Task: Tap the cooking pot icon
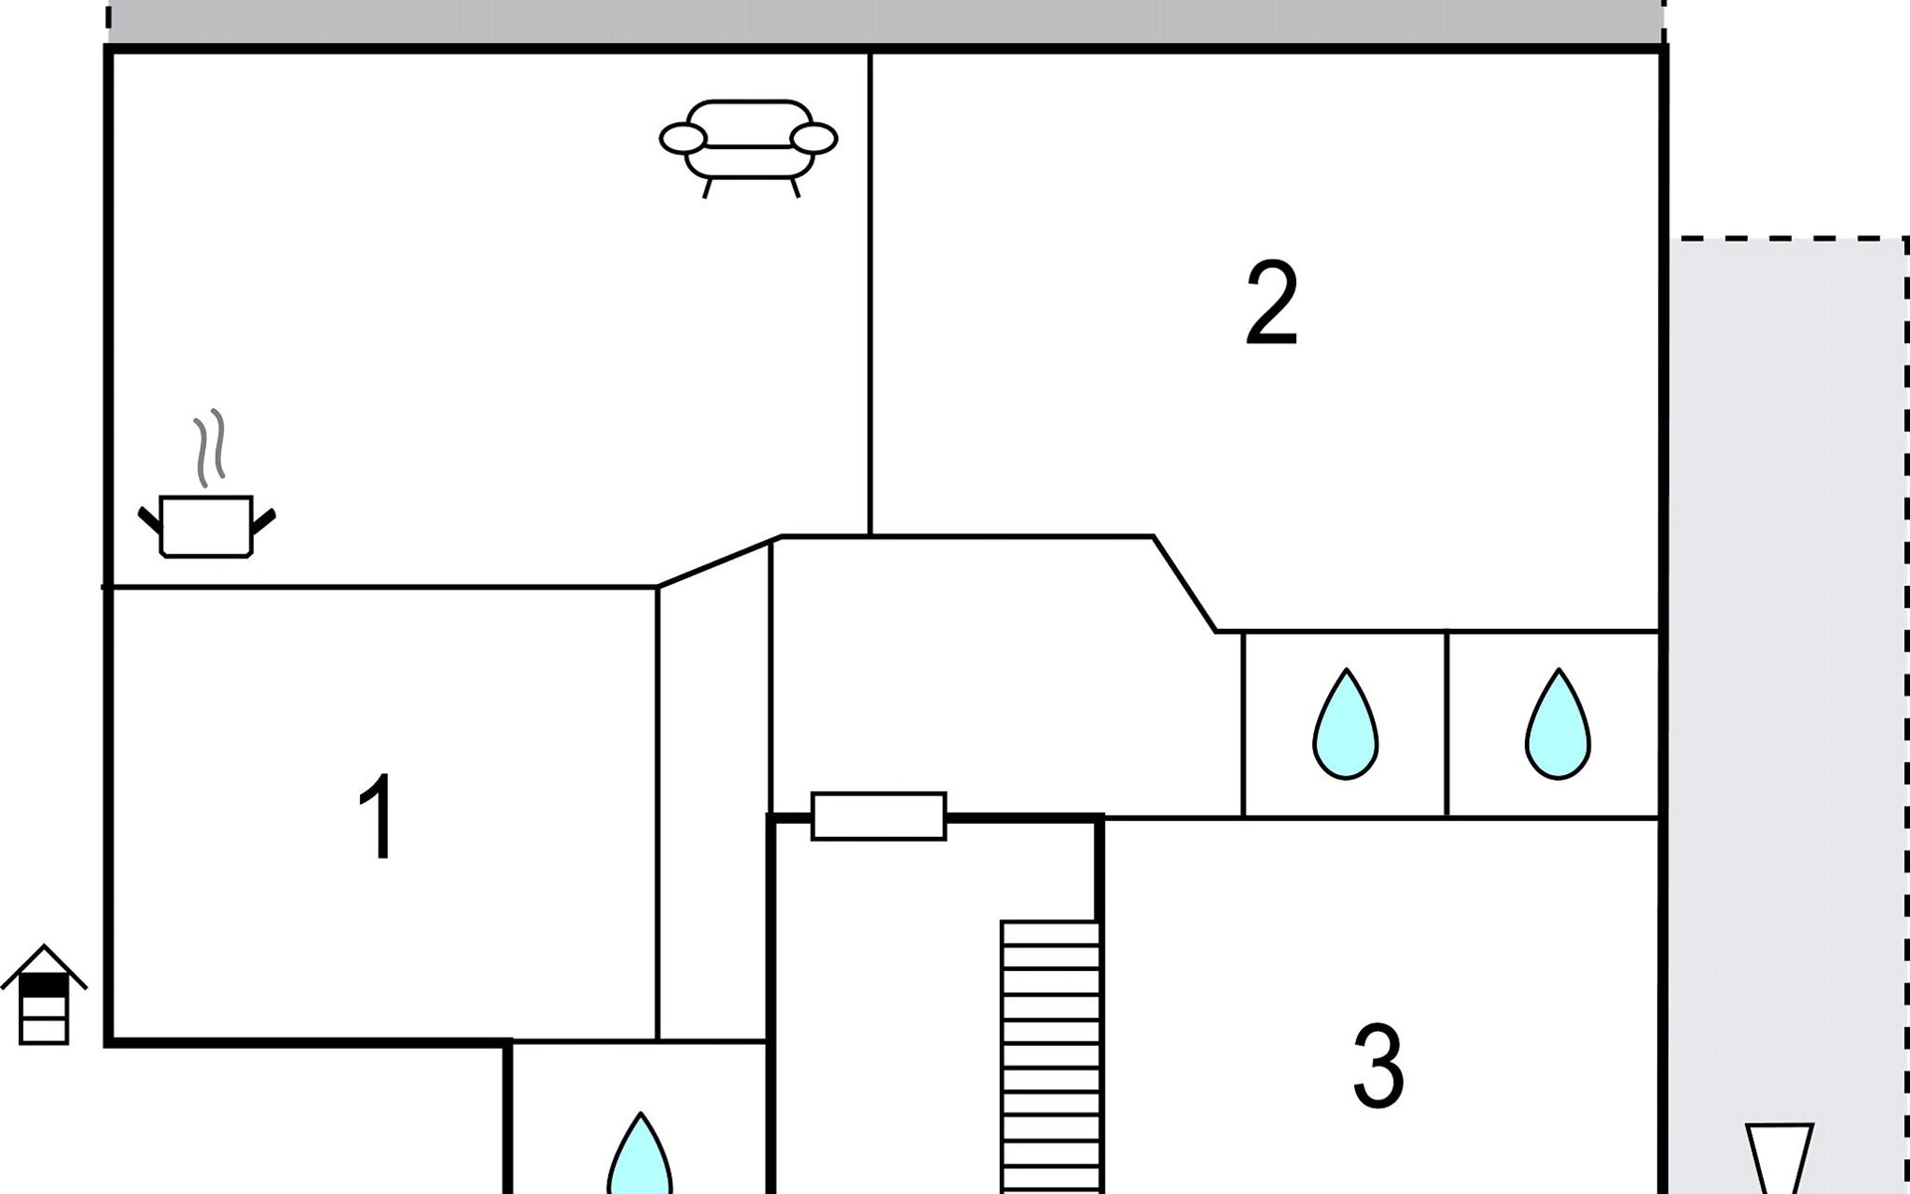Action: (206, 525)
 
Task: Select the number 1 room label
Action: (378, 817)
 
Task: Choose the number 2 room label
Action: (1271, 302)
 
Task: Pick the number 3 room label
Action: (1378, 1067)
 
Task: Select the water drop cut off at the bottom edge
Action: (640, 1159)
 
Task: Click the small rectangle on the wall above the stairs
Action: (878, 816)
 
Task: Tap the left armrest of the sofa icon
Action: (683, 139)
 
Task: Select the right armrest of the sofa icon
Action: (814, 139)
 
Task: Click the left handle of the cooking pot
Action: (149, 519)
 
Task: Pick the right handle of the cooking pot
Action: (264, 519)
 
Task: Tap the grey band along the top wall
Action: (885, 20)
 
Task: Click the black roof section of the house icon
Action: (44, 985)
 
